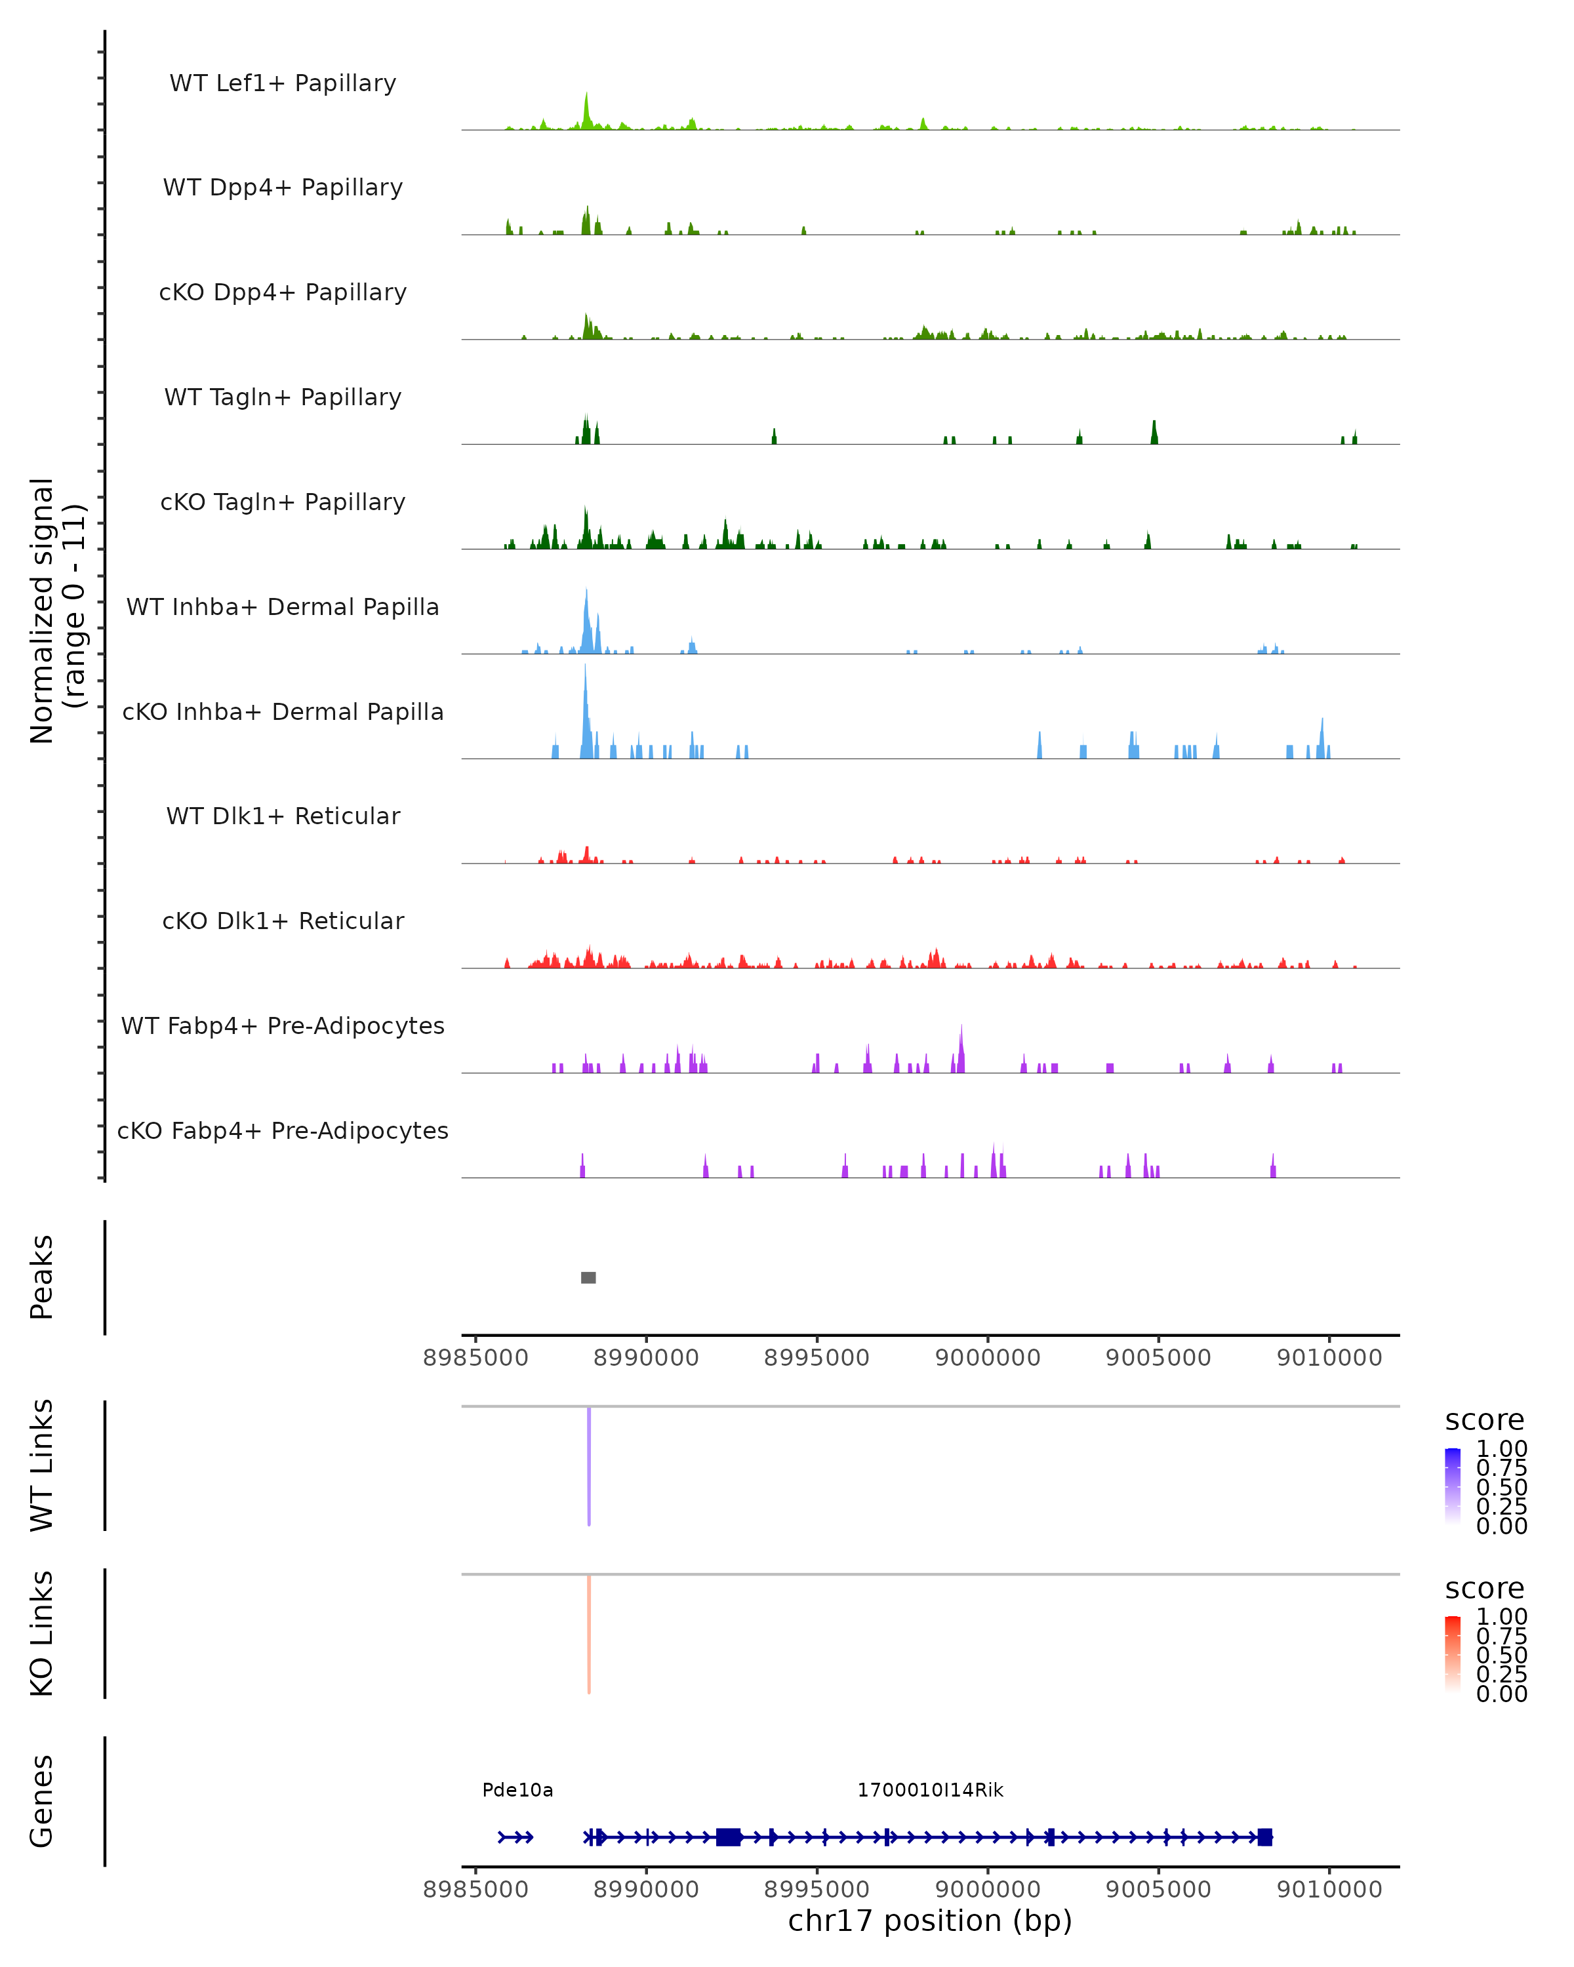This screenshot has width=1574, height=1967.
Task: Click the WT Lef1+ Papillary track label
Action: pyautogui.click(x=283, y=83)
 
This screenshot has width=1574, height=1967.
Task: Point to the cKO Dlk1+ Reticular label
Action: pyautogui.click(x=283, y=921)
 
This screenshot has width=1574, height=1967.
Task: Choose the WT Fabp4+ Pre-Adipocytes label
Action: pyautogui.click(x=283, y=1025)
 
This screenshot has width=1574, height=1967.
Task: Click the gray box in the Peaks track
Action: pyautogui.click(x=588, y=1277)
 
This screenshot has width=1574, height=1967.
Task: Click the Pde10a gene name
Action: pyautogui.click(x=517, y=1790)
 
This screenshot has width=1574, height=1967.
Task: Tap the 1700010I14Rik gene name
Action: pyautogui.click(x=930, y=1790)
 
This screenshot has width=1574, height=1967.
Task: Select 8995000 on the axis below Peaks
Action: pyautogui.click(x=817, y=1358)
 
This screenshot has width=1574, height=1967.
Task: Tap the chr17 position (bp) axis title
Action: pyautogui.click(x=930, y=1920)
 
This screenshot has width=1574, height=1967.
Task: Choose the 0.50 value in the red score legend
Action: pyautogui.click(x=1502, y=1655)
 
